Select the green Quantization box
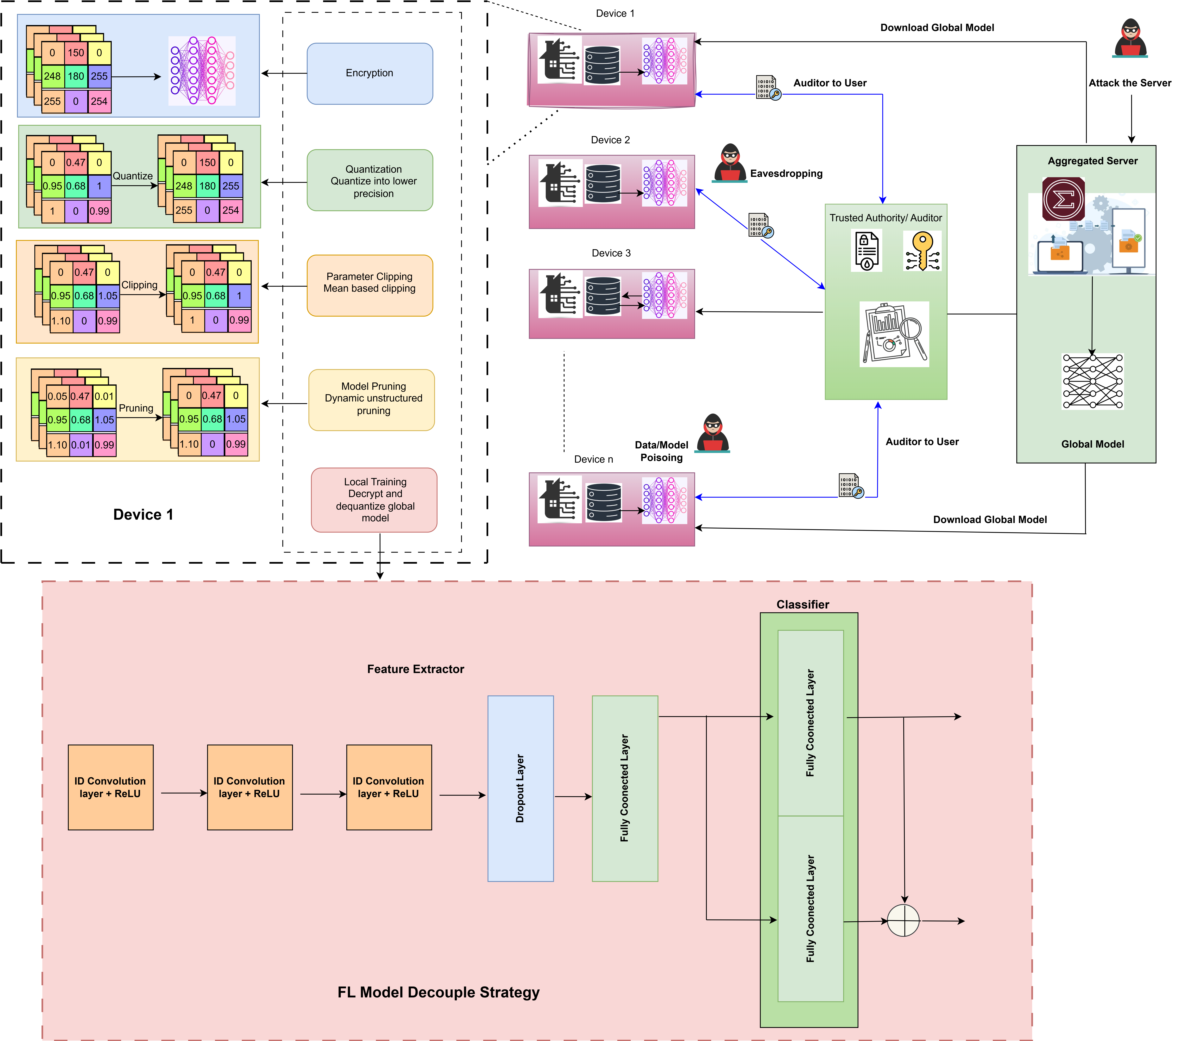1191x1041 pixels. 369,181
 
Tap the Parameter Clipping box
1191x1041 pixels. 369,285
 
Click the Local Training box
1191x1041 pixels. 374,500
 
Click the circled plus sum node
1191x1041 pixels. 903,921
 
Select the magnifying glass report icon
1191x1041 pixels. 894,334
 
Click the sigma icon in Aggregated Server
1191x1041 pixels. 1063,199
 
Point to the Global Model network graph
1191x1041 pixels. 1092,382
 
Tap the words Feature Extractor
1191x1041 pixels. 415,669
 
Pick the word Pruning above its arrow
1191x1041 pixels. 136,408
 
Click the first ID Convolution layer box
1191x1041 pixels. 110,787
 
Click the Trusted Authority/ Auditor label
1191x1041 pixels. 885,218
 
